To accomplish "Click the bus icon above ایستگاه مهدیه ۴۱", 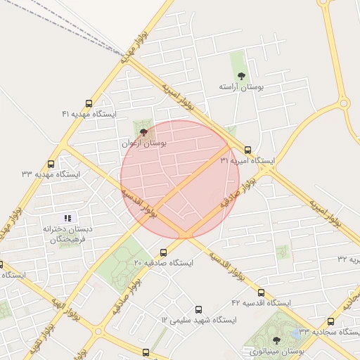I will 89,103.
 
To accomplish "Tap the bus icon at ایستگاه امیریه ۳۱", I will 247,149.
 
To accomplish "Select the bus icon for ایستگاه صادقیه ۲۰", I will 163,252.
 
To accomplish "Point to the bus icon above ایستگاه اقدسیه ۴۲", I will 261,292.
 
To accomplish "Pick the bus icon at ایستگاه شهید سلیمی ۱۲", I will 198,309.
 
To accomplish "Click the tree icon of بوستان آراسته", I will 241,75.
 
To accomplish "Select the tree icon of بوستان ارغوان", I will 144,131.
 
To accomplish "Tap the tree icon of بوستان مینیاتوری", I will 276,340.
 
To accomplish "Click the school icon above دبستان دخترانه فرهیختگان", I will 67,218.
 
